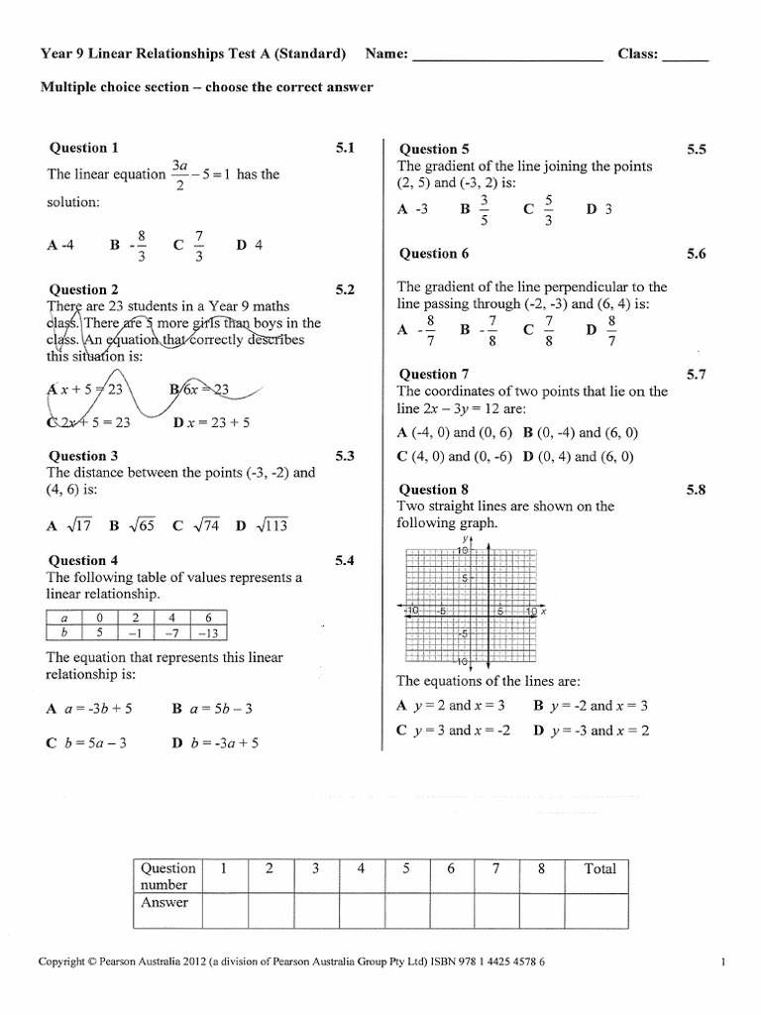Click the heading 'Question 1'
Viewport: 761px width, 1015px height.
[x=84, y=148]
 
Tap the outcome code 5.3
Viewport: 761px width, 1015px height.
[x=345, y=456]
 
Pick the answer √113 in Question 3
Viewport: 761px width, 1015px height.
[x=263, y=526]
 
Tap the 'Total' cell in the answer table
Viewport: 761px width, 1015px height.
[x=599, y=869]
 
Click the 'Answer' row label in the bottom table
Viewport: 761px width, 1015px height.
[x=164, y=903]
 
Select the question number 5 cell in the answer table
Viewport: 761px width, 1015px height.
[x=406, y=869]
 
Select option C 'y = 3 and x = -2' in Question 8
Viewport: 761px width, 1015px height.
[x=453, y=731]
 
